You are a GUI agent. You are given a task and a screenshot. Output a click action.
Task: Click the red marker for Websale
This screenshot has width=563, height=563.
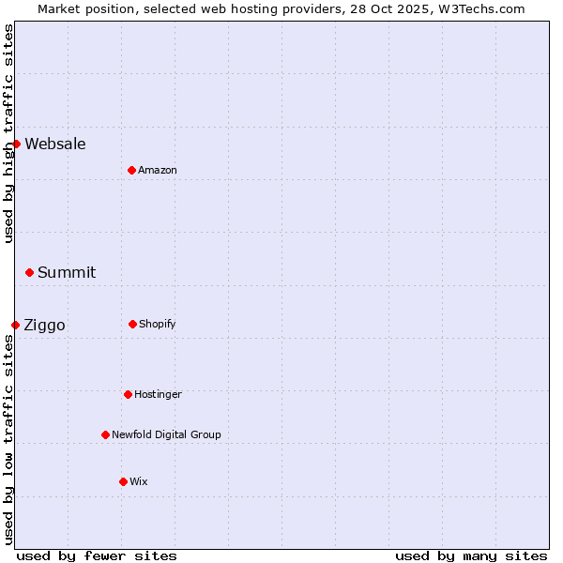point(16,144)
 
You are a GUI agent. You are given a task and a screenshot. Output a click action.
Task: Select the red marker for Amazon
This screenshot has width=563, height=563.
point(131,170)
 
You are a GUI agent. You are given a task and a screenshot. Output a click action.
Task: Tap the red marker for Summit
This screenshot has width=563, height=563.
point(29,272)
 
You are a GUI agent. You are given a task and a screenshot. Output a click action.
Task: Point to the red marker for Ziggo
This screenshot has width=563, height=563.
point(15,325)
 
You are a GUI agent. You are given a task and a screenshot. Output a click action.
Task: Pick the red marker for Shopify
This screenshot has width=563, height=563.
point(132,324)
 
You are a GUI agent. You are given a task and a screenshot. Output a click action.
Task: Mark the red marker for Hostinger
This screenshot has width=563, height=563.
point(128,394)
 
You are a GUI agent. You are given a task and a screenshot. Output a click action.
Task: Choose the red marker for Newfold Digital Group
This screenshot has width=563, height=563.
point(105,434)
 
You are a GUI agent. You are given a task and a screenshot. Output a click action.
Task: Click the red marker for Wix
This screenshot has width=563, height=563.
point(123,481)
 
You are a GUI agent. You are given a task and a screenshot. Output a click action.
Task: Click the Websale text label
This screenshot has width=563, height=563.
point(55,144)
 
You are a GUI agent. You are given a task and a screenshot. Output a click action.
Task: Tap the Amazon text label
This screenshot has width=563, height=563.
point(158,170)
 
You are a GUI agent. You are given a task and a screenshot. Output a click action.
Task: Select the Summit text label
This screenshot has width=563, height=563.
point(67,272)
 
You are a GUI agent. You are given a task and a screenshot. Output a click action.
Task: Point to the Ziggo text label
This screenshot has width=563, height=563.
point(44,326)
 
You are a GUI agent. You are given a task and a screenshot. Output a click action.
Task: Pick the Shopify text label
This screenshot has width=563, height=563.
point(158,324)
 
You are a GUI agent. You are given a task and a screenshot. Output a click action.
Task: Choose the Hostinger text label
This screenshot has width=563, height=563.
point(158,394)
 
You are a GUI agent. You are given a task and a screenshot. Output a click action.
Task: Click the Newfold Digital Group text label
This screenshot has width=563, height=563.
point(166,434)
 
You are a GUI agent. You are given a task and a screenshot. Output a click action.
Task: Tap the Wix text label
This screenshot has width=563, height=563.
point(139,481)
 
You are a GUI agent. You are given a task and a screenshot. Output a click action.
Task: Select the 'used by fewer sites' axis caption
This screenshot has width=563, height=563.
point(97,555)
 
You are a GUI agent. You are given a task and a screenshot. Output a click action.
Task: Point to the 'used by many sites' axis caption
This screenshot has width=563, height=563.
point(471,555)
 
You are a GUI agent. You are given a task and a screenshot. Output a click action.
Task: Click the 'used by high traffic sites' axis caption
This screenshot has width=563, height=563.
point(8,133)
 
